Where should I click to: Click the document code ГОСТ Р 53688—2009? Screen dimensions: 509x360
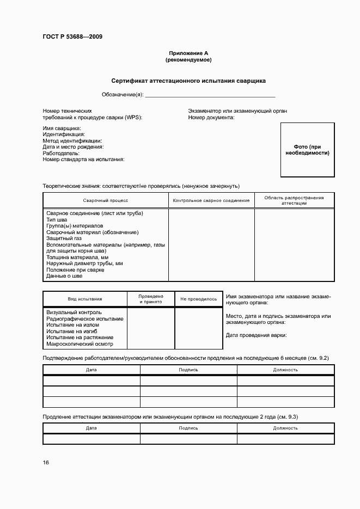click(72, 37)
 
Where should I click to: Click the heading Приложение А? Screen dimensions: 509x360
click(188, 53)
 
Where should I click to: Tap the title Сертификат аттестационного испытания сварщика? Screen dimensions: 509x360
click(188, 81)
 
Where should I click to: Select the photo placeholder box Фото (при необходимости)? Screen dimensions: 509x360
click(308, 150)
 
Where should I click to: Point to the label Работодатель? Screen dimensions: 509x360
click(61, 153)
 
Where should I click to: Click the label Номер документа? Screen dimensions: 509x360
click(211, 117)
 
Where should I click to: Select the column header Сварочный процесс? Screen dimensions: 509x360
click(106, 200)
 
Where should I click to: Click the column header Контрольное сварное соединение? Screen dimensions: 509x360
click(211, 200)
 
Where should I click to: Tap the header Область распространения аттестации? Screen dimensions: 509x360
click(294, 200)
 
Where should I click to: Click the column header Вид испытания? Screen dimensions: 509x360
click(84, 299)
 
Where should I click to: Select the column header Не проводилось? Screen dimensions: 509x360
click(198, 299)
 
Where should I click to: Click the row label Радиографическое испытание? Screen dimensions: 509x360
click(85, 318)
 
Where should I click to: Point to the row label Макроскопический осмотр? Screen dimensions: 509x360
click(80, 344)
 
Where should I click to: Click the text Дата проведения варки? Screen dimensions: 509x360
click(256, 335)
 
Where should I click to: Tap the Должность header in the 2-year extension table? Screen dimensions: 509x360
click(285, 428)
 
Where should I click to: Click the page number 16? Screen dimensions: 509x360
click(46, 463)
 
